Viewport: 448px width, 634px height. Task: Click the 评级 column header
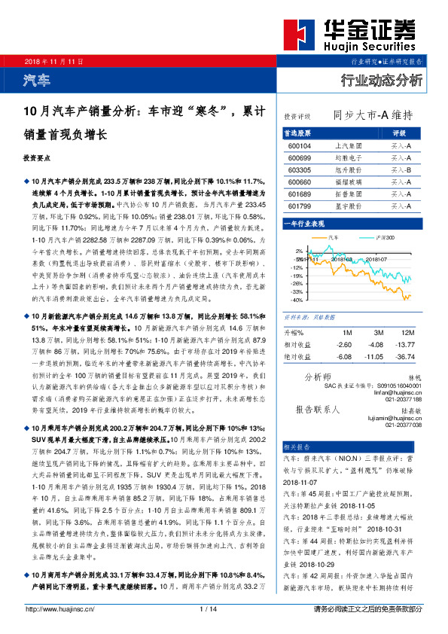click(400, 133)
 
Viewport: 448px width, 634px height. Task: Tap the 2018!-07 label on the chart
click(376, 258)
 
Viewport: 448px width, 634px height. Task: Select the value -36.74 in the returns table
click(405, 356)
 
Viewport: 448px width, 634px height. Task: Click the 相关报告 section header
click(297, 447)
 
